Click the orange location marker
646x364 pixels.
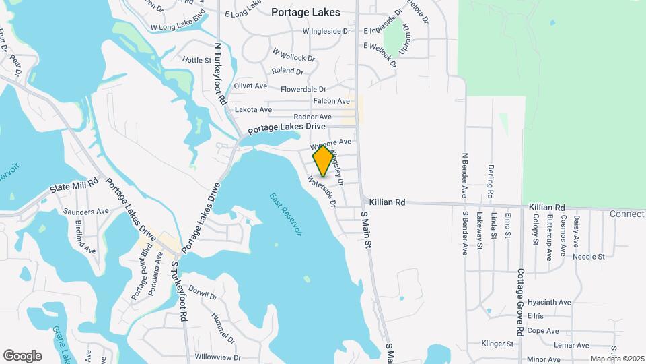(x=324, y=161)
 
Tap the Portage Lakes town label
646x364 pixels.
(x=306, y=12)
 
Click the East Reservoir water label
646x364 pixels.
(x=286, y=214)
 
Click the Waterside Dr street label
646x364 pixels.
(x=322, y=191)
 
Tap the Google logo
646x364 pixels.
(x=22, y=355)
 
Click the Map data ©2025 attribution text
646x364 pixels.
(x=616, y=359)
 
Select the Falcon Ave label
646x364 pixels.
(x=332, y=101)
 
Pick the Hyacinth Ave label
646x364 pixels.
(x=549, y=303)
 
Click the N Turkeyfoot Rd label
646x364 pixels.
(x=219, y=74)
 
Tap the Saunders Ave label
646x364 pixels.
(x=86, y=211)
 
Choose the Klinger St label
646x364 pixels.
(x=497, y=344)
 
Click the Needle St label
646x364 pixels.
(x=589, y=256)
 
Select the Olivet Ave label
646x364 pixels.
(x=250, y=86)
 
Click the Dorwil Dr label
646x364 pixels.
(x=203, y=295)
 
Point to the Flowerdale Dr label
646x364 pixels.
(x=303, y=89)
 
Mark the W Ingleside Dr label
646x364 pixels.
(x=326, y=31)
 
